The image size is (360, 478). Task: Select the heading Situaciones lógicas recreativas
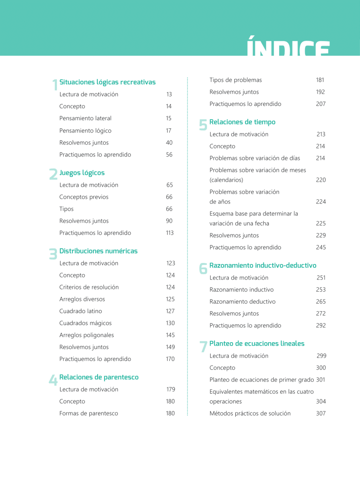pos(108,82)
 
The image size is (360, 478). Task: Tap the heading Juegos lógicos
pos(82,173)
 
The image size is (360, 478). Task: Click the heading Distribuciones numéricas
pos(98,251)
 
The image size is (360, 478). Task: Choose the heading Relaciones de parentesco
pos(99,377)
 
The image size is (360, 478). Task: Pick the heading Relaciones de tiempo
pos(242,122)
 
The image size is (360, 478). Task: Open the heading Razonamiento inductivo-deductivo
pos(263,265)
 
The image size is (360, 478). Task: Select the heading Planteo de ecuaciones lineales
pos(257,343)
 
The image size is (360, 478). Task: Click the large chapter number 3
pos(53,254)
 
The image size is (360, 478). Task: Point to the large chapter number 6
pos(203,268)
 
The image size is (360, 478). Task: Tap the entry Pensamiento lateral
pos(85,118)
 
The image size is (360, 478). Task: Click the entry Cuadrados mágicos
pos(85,323)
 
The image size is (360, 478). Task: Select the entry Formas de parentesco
pos(88,413)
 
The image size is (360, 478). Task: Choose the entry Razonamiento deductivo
pos(242,302)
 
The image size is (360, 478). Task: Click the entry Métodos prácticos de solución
pos(250,413)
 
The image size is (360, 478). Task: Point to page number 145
pos(170,335)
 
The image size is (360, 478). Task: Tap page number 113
pos(170,233)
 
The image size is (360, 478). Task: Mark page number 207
pos(321,104)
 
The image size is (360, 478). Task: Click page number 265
pos(321,302)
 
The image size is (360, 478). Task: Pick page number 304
pos(321,402)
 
